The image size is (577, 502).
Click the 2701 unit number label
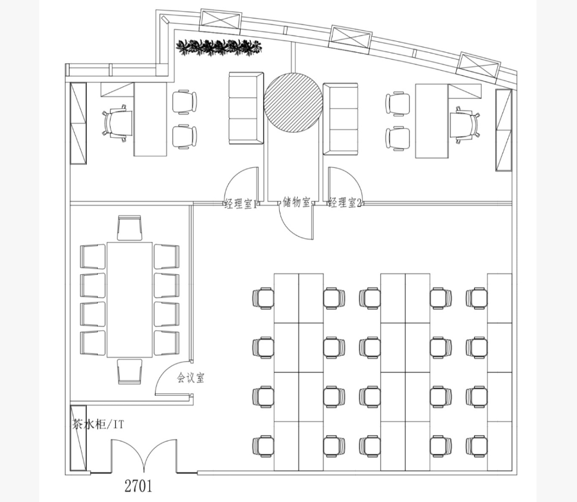click(138, 486)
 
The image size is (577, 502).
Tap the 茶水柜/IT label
click(98, 425)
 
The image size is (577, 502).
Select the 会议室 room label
click(190, 378)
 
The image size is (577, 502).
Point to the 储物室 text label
click(297, 202)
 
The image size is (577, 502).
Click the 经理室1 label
click(241, 203)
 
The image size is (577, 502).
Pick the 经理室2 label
click(345, 203)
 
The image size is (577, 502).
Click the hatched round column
click(293, 102)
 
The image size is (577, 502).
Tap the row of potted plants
click(219, 47)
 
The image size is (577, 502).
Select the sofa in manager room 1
click(246, 108)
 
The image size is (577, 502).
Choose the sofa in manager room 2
click(340, 118)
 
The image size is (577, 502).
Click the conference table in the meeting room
click(129, 299)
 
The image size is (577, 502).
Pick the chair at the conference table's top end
click(129, 228)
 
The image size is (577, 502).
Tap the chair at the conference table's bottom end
click(129, 371)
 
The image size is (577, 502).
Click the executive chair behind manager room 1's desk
click(117, 123)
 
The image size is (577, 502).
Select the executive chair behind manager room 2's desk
click(466, 125)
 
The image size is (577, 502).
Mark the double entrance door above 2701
click(144, 456)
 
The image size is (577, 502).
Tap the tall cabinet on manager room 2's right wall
click(504, 130)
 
